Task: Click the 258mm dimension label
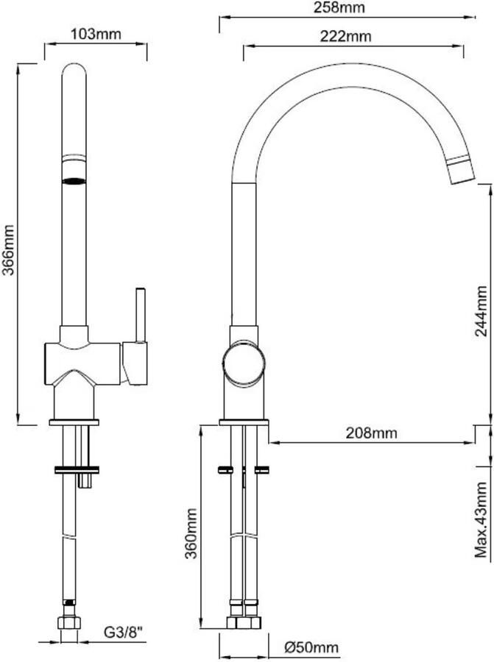[x=339, y=7]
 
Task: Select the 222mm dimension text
[x=345, y=36]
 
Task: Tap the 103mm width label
[x=96, y=33]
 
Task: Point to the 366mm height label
[x=8, y=249]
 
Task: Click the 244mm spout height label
[x=481, y=310]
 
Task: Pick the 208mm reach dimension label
[x=372, y=433]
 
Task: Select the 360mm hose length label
[x=191, y=533]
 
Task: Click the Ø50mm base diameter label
[x=311, y=647]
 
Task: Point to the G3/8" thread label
[x=124, y=632]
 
